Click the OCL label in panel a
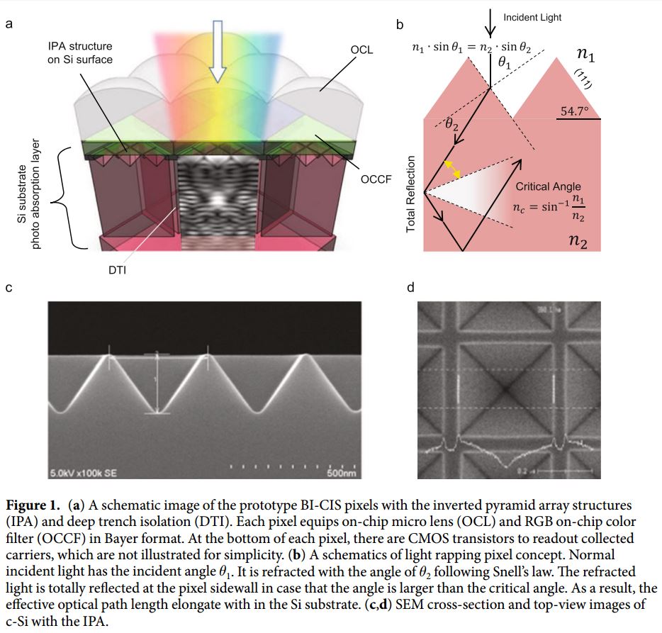tap(361, 50)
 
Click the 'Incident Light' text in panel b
tap(532, 17)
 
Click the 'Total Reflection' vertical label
tap(410, 196)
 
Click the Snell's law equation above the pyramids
tap(472, 49)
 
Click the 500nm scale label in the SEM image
tap(341, 473)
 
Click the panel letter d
tap(412, 289)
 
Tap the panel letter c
tap(9, 289)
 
